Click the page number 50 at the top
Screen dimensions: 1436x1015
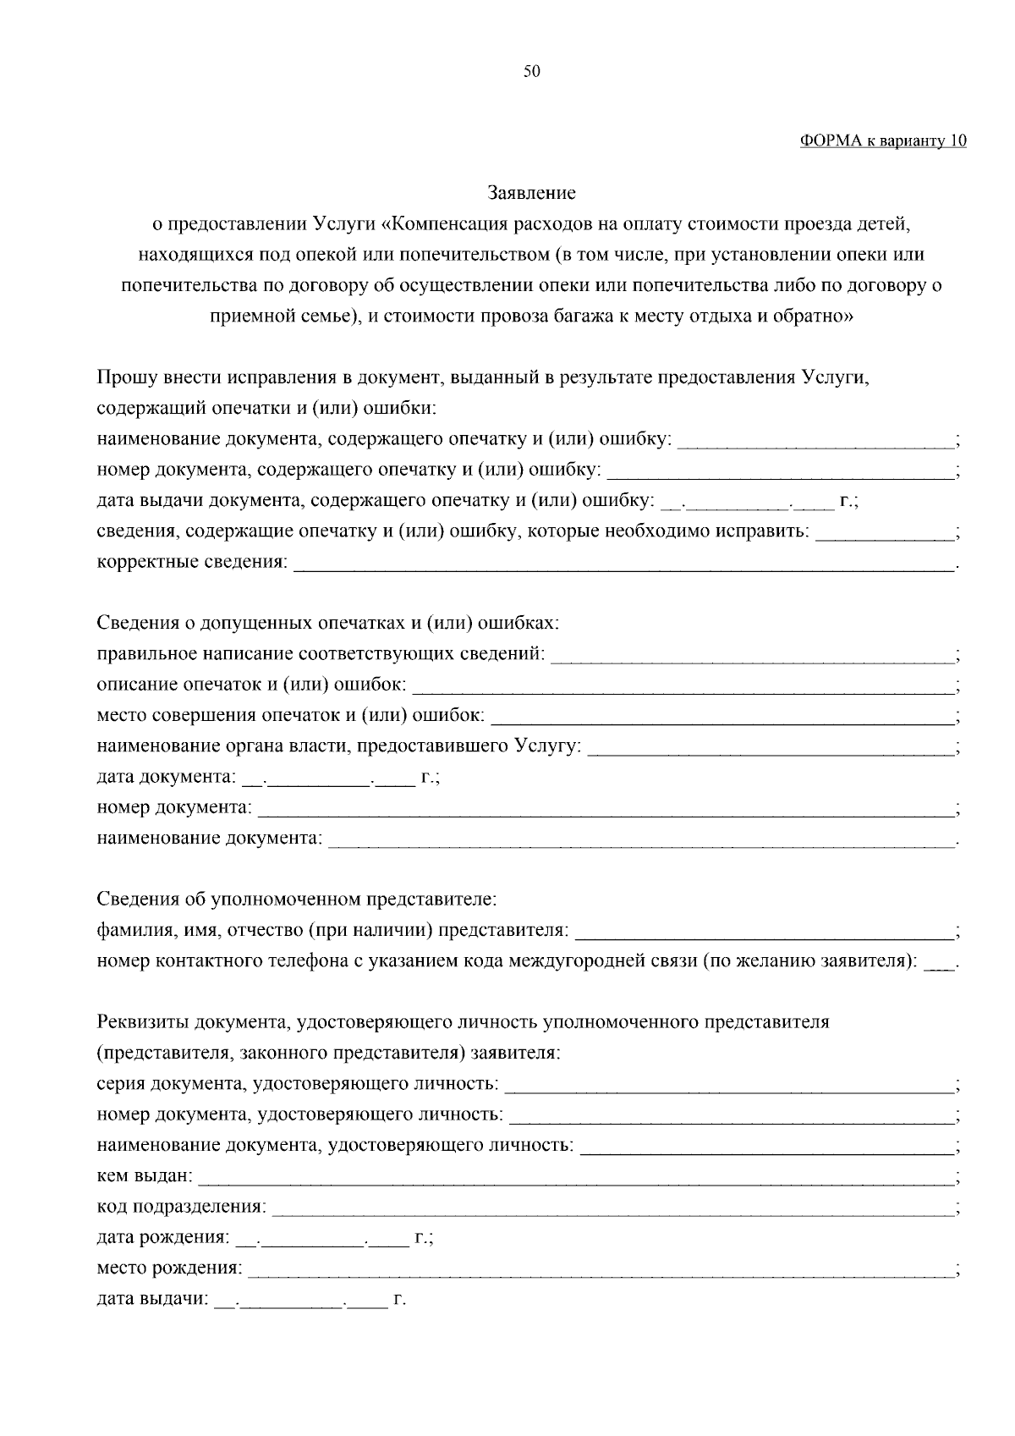pos(531,72)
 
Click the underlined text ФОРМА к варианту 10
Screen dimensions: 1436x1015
pos(882,140)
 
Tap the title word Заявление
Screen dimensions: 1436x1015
pos(531,193)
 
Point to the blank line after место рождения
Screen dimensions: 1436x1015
pos(600,1272)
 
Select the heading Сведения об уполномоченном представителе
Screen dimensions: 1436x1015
pos(296,899)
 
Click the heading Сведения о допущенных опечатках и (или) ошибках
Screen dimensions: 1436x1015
pos(327,623)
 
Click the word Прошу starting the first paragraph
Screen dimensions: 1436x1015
pos(123,377)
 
